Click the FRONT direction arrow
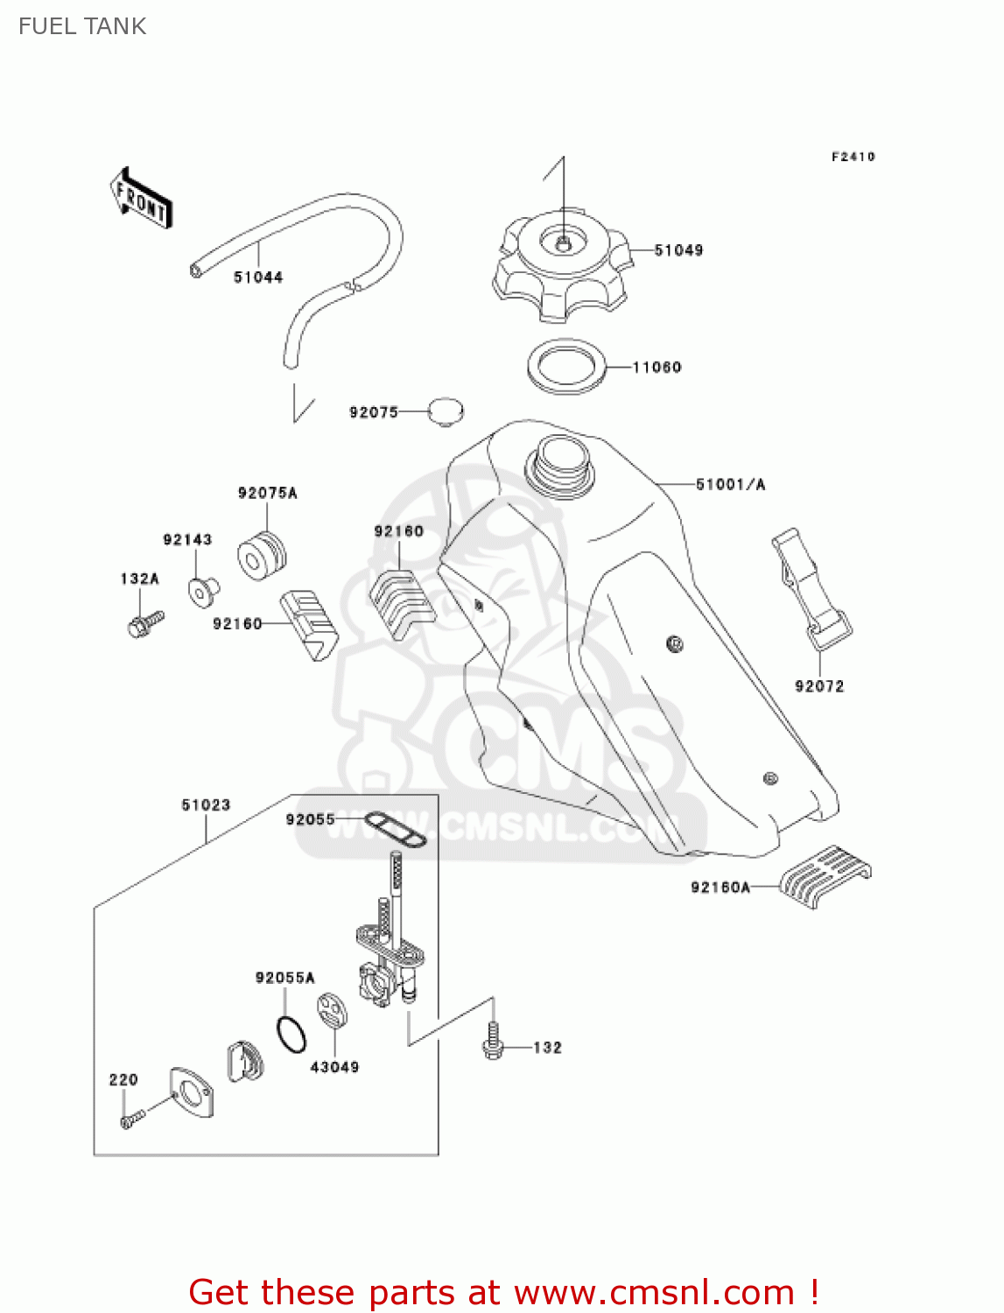point(141,198)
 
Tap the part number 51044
point(258,277)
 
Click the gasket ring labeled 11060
point(566,367)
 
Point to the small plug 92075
point(446,411)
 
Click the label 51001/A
point(730,484)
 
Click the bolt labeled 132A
point(144,623)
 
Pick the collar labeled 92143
point(202,591)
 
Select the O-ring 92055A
point(291,1034)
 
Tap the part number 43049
point(334,1067)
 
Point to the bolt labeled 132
point(493,1043)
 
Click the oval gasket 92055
point(395,828)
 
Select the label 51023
point(206,804)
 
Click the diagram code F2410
point(853,157)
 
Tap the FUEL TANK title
point(82,26)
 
